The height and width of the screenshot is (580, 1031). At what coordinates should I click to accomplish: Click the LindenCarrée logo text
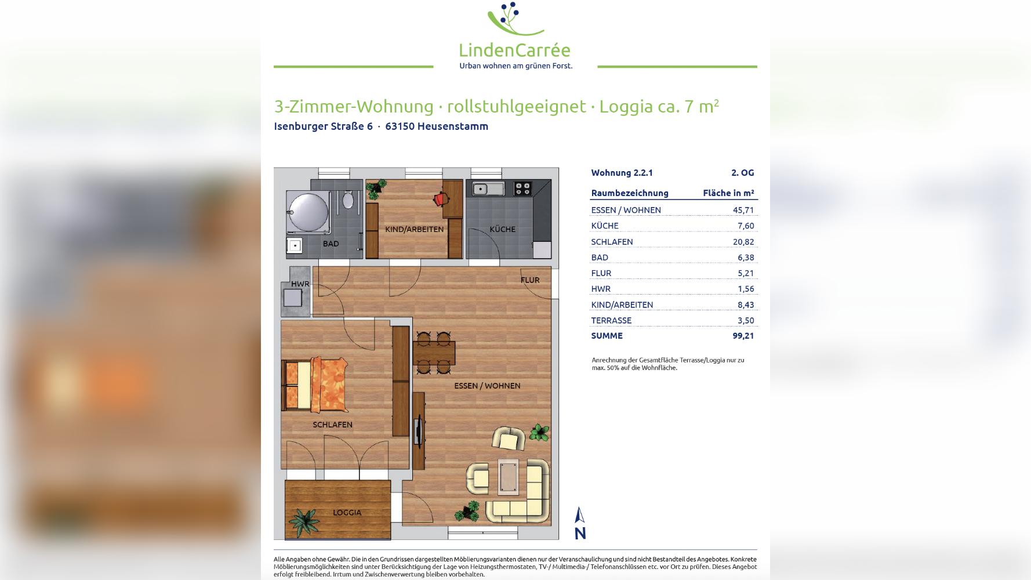(x=514, y=50)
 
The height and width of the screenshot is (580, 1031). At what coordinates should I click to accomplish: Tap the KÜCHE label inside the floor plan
(x=502, y=229)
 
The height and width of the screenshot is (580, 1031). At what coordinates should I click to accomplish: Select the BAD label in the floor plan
(x=331, y=244)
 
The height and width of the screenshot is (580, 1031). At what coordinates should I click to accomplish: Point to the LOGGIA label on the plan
(x=347, y=513)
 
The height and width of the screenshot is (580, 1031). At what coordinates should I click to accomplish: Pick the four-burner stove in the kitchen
(x=522, y=188)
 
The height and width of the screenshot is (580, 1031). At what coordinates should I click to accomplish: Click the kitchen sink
(x=488, y=188)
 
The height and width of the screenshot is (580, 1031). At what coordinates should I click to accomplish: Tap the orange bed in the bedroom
(x=316, y=385)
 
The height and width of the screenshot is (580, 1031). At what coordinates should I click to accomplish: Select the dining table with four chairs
(x=434, y=353)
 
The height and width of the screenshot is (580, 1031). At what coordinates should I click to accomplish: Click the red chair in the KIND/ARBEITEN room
(x=440, y=200)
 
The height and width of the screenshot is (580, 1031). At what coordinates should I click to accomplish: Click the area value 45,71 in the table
(x=743, y=210)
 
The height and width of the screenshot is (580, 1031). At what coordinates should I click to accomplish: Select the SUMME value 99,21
(x=743, y=336)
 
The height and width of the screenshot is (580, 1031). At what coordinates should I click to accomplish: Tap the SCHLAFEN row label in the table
(x=612, y=242)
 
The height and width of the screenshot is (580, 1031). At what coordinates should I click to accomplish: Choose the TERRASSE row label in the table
(x=611, y=320)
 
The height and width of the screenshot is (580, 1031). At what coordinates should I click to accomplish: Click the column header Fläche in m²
(x=728, y=193)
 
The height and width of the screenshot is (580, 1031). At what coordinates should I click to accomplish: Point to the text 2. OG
(x=742, y=173)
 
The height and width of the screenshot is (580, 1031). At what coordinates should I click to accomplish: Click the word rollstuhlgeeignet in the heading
(x=516, y=107)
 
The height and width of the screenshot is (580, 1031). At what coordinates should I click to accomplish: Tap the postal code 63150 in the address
(x=400, y=126)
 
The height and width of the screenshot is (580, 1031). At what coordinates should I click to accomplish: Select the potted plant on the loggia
(x=303, y=521)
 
